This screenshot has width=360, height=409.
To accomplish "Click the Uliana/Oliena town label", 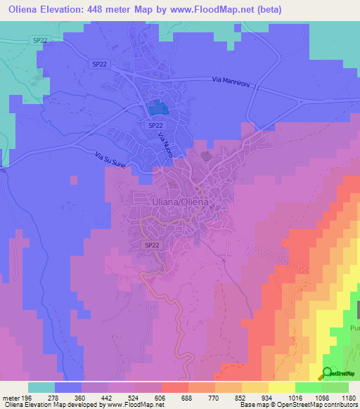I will point(181,201).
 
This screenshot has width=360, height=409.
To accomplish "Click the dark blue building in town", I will point(158,108).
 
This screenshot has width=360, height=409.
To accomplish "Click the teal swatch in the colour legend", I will point(41,387).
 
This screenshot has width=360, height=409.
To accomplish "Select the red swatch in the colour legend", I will point(175,387).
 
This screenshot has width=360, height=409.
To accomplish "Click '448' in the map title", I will point(115,9).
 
